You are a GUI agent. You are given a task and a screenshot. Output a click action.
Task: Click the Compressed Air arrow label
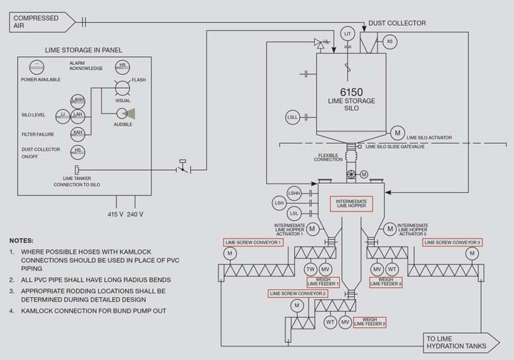click(x=40, y=22)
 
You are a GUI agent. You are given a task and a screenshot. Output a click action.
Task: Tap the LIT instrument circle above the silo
click(x=348, y=34)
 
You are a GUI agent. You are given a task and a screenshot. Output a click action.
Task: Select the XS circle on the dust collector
click(x=389, y=41)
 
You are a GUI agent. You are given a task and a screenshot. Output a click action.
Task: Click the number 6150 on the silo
click(x=351, y=91)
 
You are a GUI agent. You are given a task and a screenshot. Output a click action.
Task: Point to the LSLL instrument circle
click(x=293, y=116)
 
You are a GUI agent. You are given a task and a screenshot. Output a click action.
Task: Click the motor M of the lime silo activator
click(x=397, y=133)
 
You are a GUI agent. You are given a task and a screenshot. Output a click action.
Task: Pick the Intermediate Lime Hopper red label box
click(x=351, y=204)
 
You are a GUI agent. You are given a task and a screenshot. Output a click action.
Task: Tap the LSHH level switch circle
click(x=293, y=193)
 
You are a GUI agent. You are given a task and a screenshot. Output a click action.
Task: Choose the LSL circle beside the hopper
click(x=293, y=213)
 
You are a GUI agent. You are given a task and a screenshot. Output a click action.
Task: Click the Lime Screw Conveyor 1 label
click(x=253, y=242)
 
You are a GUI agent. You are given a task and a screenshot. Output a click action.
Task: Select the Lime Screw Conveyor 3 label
click(x=452, y=242)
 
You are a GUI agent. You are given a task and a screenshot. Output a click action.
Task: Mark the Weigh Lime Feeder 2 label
click(x=370, y=322)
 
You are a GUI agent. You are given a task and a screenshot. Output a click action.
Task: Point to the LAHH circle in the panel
click(x=78, y=100)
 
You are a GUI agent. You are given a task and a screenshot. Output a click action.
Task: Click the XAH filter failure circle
click(x=78, y=133)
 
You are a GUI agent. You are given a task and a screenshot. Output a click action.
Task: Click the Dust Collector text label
click(x=397, y=23)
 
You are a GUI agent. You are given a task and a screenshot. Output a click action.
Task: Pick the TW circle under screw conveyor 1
click(x=310, y=269)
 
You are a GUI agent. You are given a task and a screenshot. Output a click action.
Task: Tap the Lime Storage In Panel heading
click(x=84, y=50)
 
